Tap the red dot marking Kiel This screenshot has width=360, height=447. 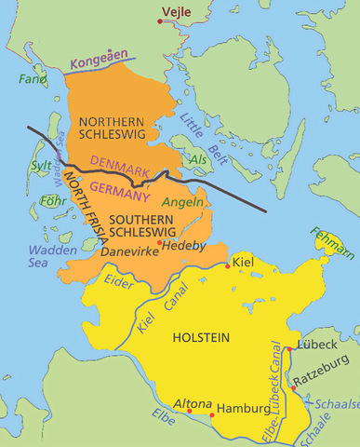tap(228, 265)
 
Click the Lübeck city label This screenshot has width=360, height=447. tap(317, 345)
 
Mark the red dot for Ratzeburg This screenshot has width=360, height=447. tap(293, 389)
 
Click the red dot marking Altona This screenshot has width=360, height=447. tap(213, 413)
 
